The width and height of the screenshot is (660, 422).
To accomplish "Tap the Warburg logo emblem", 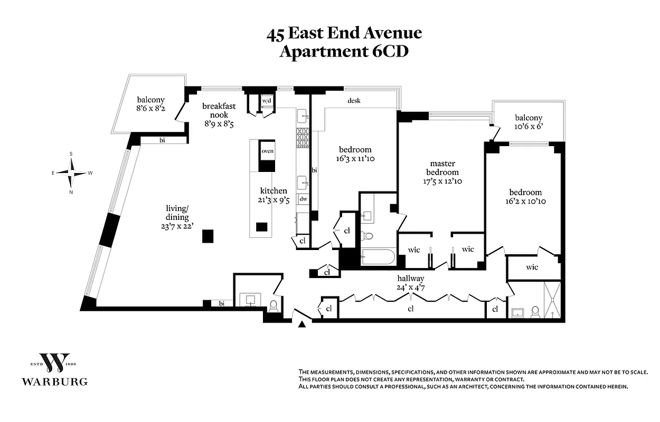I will pyautogui.click(x=55, y=362).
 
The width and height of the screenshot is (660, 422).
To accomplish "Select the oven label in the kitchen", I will pyautogui.click(x=267, y=151).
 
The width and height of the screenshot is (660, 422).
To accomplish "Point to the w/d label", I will pyautogui.click(x=267, y=101).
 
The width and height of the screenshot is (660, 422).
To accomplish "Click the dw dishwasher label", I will pyautogui.click(x=304, y=199).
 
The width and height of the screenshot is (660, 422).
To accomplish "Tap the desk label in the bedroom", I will pyautogui.click(x=354, y=100).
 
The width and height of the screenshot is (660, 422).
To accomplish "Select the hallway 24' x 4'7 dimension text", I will pyautogui.click(x=411, y=287).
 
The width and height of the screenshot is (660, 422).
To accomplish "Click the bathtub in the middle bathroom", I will pyautogui.click(x=378, y=258).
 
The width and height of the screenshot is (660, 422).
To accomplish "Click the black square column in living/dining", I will pyautogui.click(x=208, y=236).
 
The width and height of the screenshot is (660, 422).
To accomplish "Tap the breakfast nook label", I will pyautogui.click(x=219, y=110).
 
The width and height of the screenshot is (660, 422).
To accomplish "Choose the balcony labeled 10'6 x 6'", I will pyautogui.click(x=529, y=122).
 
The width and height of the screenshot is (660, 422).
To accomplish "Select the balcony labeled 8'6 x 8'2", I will pyautogui.click(x=151, y=104).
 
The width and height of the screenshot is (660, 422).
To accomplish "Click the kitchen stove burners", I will pyautogui.click(x=303, y=138).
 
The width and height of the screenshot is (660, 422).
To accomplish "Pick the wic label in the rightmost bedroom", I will pyautogui.click(x=532, y=267).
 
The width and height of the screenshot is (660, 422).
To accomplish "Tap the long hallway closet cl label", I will pyautogui.click(x=410, y=309).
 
